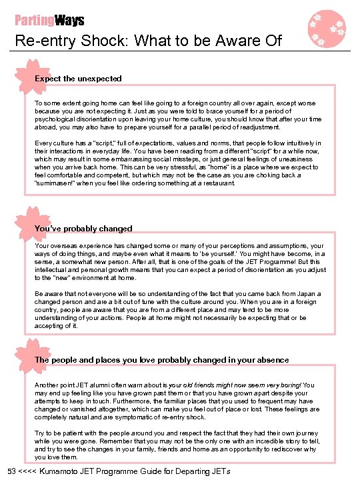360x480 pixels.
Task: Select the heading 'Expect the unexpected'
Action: (78, 78)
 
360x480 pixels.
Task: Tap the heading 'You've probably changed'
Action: (83, 228)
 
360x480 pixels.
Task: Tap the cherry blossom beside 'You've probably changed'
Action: (25, 224)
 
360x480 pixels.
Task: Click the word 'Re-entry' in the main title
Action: (42, 41)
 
